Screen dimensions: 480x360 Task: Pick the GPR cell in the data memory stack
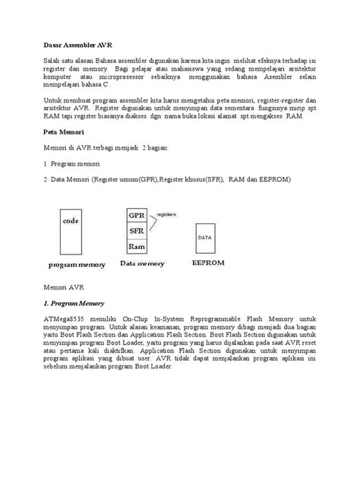coord(137,215)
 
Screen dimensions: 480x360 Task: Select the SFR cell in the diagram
coord(137,231)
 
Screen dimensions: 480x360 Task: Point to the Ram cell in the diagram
coord(137,246)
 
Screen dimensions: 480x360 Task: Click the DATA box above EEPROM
coord(205,238)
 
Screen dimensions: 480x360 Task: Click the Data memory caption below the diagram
coord(144,263)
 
